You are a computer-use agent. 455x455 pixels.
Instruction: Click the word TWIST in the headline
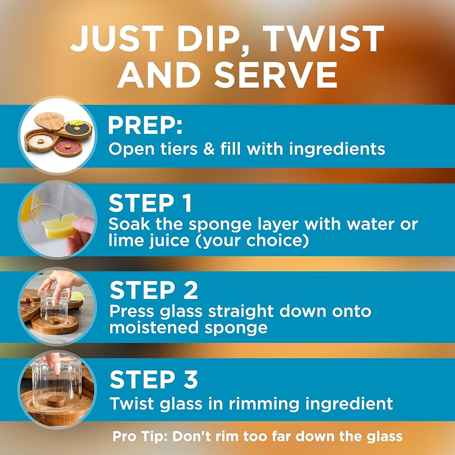tap(323, 39)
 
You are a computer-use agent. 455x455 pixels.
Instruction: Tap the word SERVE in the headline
tap(276, 75)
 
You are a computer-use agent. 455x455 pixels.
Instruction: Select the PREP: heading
tap(145, 126)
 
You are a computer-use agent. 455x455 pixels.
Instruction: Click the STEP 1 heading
tap(150, 203)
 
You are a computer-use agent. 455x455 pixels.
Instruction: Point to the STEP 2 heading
tap(153, 290)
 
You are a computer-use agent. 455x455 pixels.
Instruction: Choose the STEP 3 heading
tap(153, 379)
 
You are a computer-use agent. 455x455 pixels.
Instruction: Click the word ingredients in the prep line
tap(337, 150)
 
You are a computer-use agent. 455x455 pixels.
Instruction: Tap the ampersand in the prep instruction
tap(209, 149)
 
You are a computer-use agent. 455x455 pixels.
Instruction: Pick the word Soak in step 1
tap(130, 224)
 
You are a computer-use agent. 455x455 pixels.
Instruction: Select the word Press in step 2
tap(132, 311)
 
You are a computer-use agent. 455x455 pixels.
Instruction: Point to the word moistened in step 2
tap(154, 328)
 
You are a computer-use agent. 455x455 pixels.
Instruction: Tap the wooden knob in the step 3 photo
tap(56, 401)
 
